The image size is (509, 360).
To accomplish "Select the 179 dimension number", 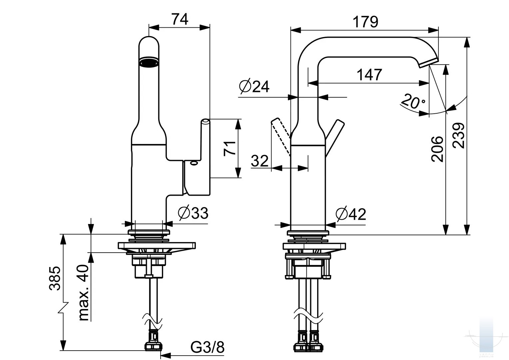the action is [365, 22].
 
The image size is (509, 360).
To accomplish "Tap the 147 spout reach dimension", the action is [369, 75].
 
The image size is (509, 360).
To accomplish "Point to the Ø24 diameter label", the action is [254, 86].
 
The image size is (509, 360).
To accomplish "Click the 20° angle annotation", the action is [413, 101].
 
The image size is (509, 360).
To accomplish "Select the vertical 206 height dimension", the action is [437, 149].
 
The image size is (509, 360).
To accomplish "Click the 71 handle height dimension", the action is [230, 148].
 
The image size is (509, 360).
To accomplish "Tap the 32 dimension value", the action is [260, 161].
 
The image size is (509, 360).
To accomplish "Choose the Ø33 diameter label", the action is [193, 213].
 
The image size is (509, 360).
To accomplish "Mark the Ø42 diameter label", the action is [351, 214].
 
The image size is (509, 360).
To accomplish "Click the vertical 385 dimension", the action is [55, 278].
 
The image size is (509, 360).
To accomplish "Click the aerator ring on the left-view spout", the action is [149, 62].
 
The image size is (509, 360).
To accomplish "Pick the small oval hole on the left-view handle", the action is [194, 163].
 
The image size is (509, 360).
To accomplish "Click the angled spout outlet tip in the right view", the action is [429, 62].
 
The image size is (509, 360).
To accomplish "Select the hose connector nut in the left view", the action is [153, 346].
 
